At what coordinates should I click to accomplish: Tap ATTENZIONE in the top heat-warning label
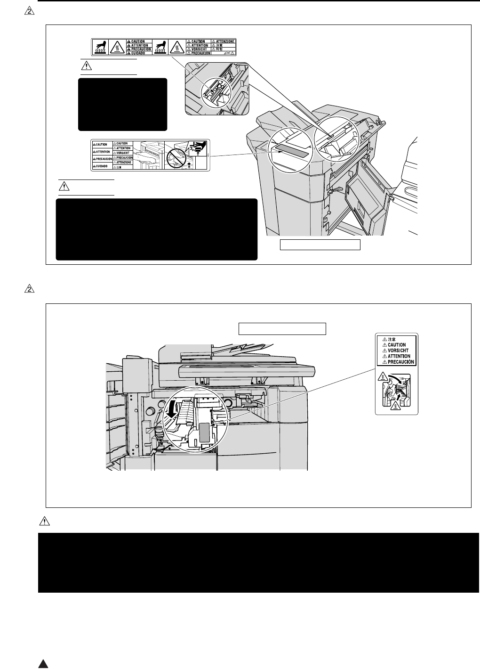(x=225, y=41)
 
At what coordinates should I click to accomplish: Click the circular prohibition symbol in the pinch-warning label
(x=176, y=155)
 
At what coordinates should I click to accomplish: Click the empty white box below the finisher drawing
(x=320, y=245)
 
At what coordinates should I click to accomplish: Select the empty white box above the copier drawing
(x=282, y=328)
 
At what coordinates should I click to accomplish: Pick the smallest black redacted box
(x=122, y=104)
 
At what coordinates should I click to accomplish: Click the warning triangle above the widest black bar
(x=44, y=522)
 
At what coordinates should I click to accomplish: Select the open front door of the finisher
(x=366, y=198)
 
